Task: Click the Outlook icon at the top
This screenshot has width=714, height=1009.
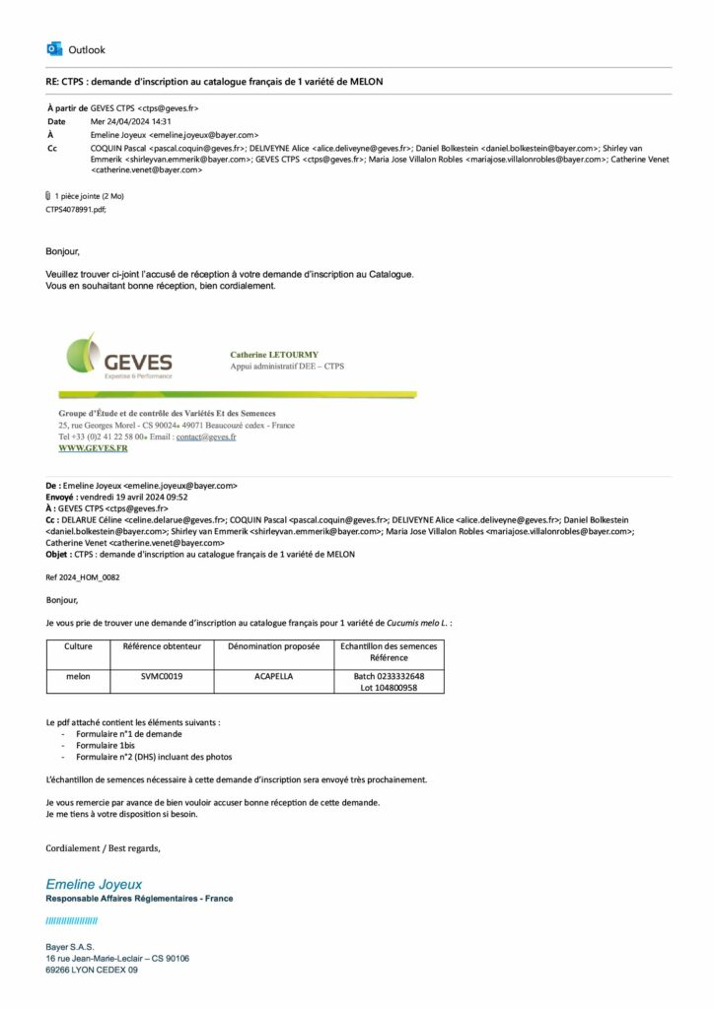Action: click(54, 49)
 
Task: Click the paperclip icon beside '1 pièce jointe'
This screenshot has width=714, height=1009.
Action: click(48, 196)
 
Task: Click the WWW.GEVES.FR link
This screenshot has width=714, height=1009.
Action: click(93, 448)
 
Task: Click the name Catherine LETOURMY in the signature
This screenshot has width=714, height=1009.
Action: click(274, 354)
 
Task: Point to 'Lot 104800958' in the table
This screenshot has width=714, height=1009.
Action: click(389, 688)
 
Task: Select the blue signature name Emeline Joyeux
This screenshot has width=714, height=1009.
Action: click(94, 884)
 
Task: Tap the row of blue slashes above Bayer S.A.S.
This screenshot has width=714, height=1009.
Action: click(71, 920)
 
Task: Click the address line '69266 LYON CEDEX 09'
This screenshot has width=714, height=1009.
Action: click(92, 970)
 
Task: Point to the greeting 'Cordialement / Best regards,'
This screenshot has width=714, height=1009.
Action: click(103, 847)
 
